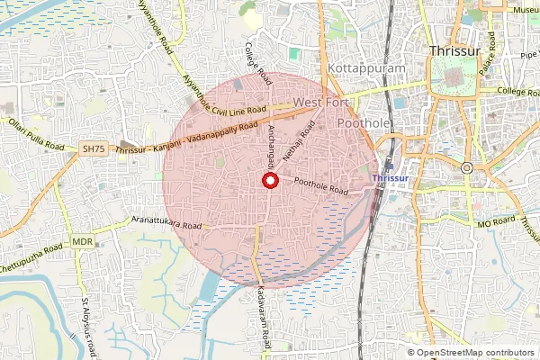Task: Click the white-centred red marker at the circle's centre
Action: click(x=268, y=181)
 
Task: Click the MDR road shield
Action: click(x=83, y=242)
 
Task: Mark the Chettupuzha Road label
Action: click(x=31, y=256)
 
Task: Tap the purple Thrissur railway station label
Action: click(x=390, y=179)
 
